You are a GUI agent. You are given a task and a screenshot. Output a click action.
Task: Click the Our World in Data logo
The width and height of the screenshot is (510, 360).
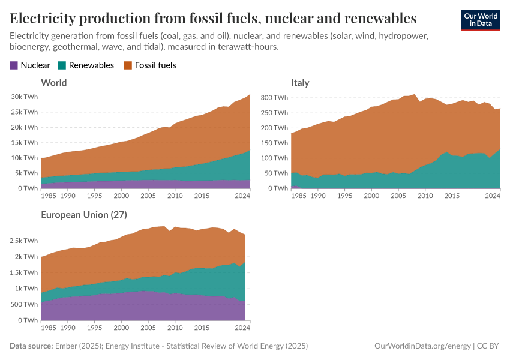click(x=480, y=20)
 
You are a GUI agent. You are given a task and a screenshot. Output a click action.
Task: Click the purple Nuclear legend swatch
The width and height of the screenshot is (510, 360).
click(x=14, y=65)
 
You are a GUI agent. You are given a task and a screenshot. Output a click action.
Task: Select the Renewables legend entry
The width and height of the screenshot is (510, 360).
click(x=91, y=65)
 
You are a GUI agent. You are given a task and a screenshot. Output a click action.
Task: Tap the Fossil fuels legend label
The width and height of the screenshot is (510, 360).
click(x=155, y=65)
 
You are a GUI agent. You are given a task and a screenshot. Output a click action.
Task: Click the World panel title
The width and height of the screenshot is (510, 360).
click(x=53, y=82)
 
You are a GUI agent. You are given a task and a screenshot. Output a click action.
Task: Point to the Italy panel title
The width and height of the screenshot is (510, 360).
click(x=300, y=82)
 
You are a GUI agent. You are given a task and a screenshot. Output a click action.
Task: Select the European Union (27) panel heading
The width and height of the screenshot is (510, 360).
click(x=83, y=214)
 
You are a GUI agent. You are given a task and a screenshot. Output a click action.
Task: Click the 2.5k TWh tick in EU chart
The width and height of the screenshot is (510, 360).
click(x=23, y=241)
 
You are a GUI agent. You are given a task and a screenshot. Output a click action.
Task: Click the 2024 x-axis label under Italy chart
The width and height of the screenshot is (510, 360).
click(x=493, y=196)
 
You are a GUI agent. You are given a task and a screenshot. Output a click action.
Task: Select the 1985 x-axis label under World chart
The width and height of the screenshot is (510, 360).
click(x=50, y=196)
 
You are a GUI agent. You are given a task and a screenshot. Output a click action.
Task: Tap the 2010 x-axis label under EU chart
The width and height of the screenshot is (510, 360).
click(x=175, y=328)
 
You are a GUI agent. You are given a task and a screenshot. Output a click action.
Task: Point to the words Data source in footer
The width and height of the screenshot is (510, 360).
click(x=31, y=346)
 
